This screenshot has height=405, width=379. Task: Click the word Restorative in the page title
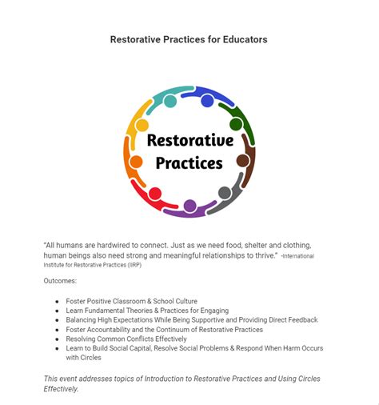click(137, 40)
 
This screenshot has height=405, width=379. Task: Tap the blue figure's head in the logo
click(207, 101)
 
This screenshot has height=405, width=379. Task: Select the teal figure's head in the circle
click(170, 101)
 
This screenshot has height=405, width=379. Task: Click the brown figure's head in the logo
click(242, 161)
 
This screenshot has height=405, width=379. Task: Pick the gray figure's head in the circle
click(225, 193)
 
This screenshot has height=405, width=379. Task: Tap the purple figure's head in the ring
click(190, 206)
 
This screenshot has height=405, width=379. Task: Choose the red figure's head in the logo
click(155, 193)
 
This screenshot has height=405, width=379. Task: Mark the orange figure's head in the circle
click(137, 162)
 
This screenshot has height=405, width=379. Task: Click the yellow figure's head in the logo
click(142, 126)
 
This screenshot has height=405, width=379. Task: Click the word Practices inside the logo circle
click(189, 163)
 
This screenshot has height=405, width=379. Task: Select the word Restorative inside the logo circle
click(189, 141)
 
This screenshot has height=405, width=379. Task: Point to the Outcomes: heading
click(60, 281)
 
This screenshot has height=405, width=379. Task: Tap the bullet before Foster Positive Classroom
click(57, 301)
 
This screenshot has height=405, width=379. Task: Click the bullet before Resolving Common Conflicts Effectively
click(57, 339)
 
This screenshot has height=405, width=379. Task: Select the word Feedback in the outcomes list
click(298, 320)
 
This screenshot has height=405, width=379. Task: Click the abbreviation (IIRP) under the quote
click(133, 265)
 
